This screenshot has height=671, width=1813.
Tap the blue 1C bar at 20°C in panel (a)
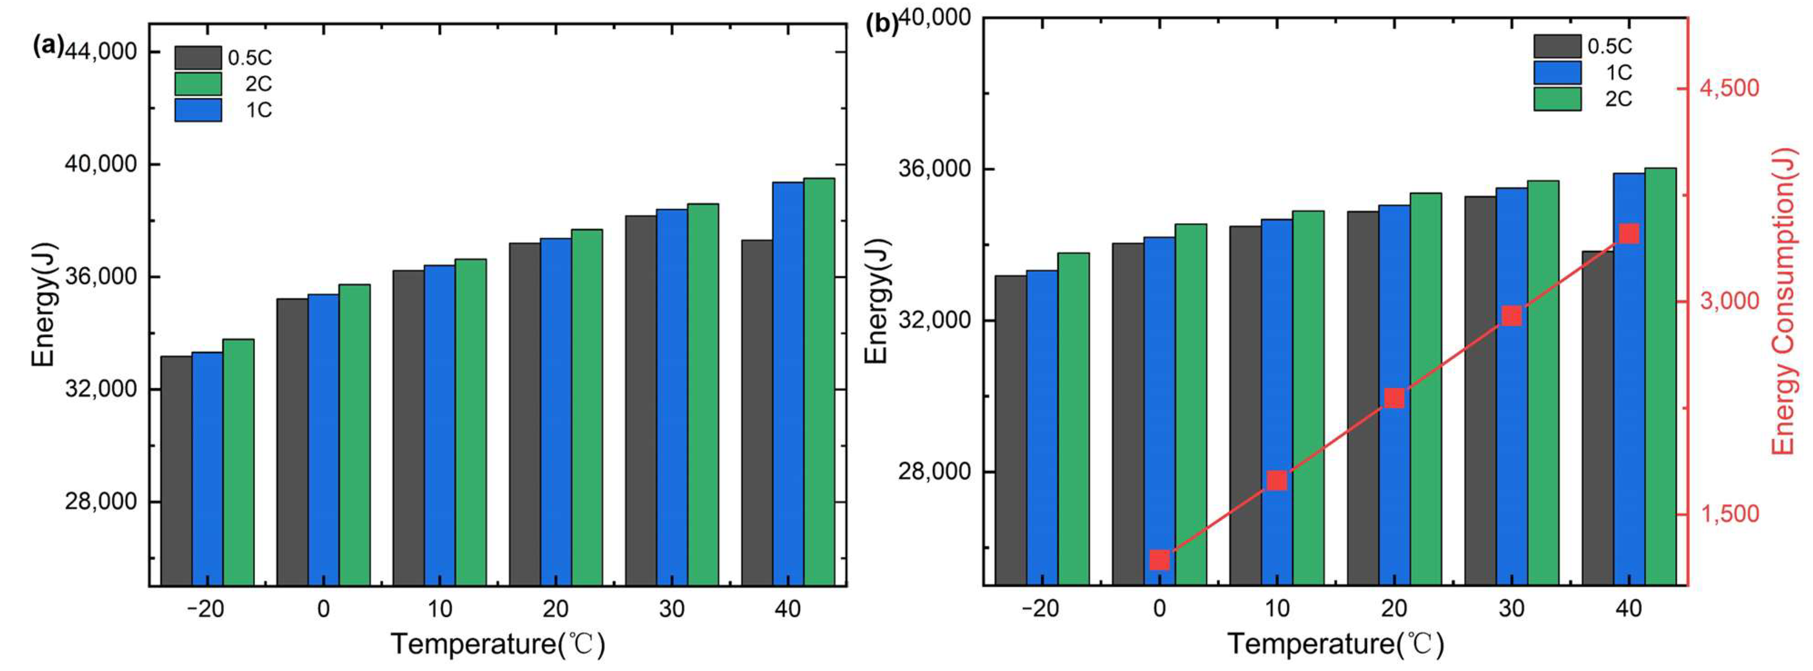coord(555,412)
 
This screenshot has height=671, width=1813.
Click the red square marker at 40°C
coord(1629,234)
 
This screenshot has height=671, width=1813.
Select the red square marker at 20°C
coord(1394,399)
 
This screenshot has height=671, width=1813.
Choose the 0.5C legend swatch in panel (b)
coord(1558,46)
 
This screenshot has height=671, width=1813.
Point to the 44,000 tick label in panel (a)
coord(102,52)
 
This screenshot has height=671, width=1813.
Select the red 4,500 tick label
coord(1730,88)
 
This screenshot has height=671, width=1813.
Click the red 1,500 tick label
coord(1730,514)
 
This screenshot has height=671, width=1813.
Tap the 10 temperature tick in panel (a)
coord(439,608)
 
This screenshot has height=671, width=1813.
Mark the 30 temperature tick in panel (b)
coord(1511,608)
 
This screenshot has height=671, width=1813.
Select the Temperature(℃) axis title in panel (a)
coord(498,644)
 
